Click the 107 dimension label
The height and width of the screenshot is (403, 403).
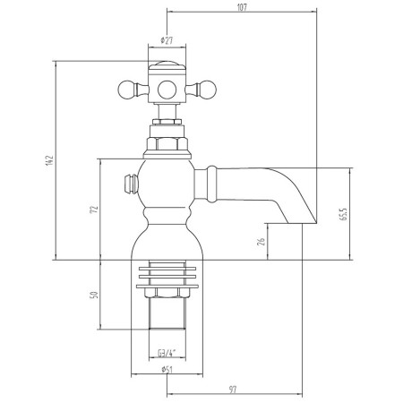242,7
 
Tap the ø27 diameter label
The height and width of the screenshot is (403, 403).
167,40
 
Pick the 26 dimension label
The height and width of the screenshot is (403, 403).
261,242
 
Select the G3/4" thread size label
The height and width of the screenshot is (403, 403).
167,354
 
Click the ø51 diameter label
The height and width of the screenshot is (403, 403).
167,370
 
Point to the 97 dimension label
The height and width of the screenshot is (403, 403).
234,390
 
